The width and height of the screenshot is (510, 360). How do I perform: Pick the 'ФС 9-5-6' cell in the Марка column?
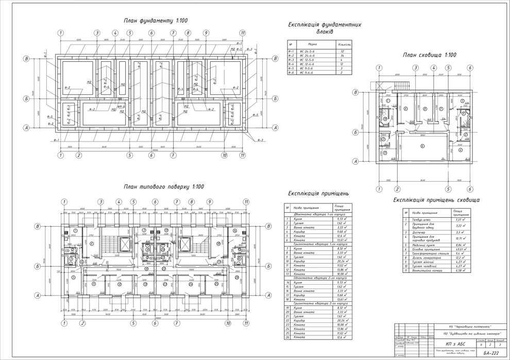(309, 68)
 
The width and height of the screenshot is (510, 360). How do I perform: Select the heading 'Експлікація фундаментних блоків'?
(324, 28)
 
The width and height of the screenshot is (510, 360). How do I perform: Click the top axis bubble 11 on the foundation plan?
(242, 33)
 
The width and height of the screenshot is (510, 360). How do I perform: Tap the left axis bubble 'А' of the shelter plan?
(354, 161)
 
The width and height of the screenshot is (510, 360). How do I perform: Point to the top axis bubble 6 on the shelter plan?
(470, 67)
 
